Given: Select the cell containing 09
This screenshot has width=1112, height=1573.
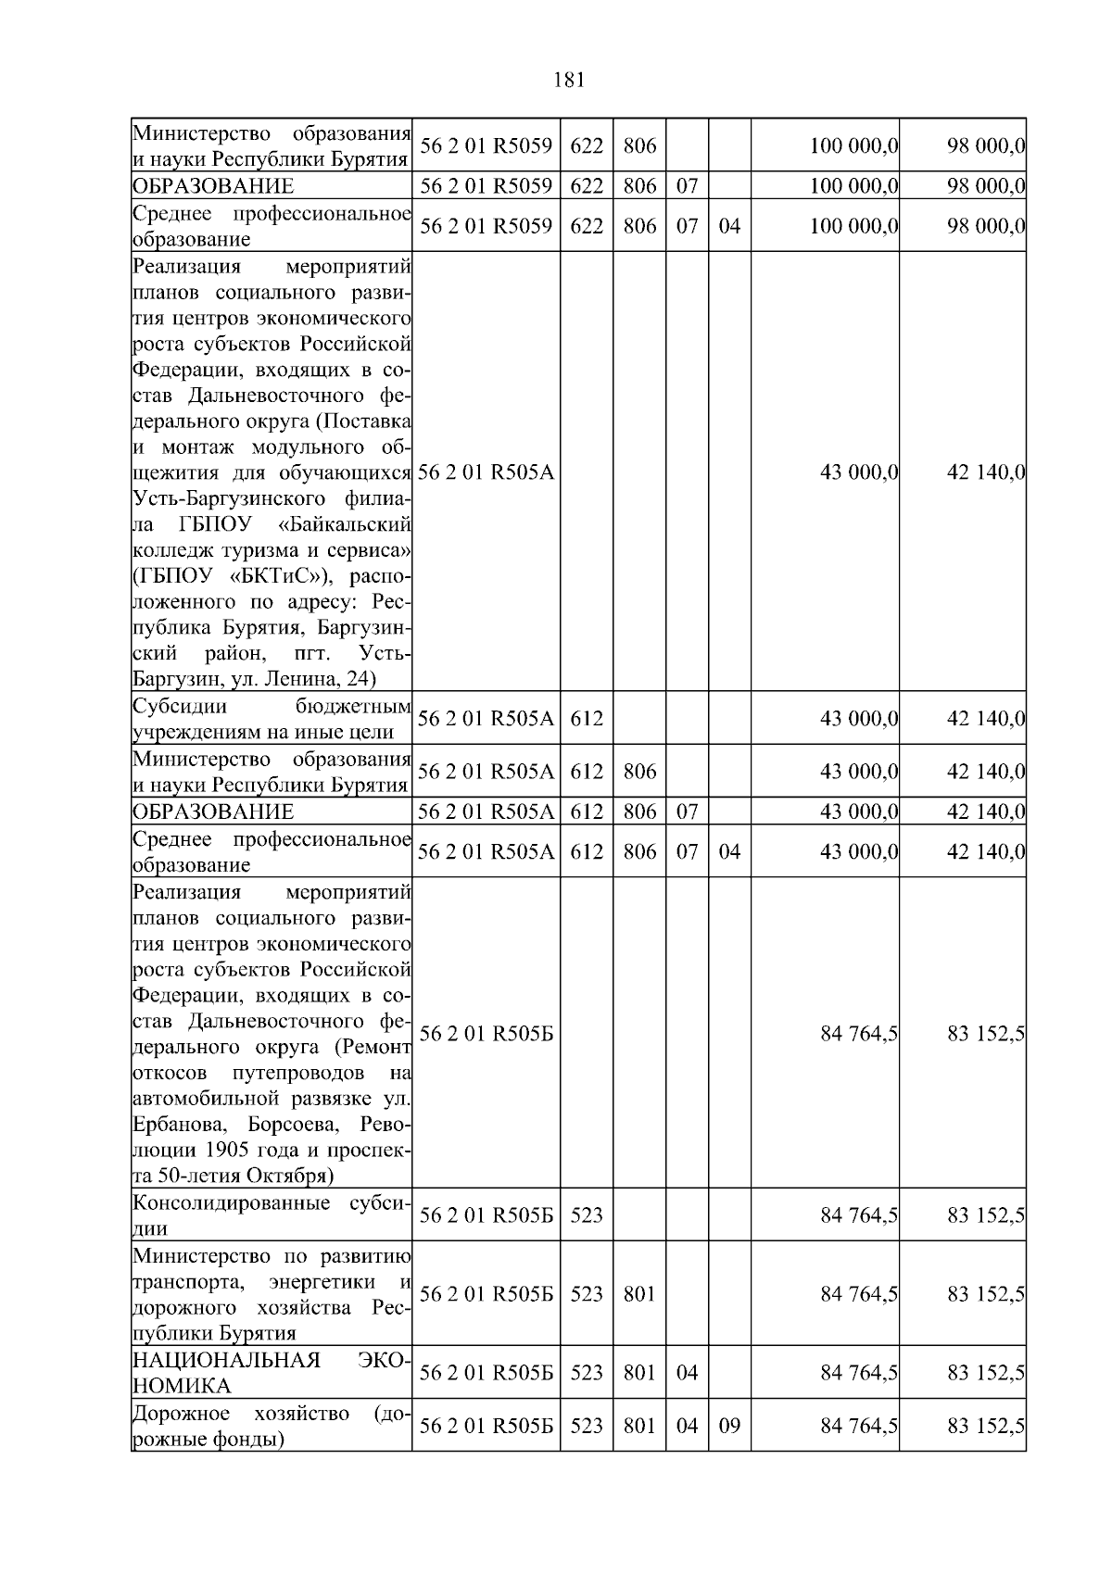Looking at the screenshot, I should (729, 1425).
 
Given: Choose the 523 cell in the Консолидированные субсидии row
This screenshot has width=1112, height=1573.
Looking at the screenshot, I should (586, 1214).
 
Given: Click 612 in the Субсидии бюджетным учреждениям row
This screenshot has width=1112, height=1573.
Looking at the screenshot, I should (586, 718).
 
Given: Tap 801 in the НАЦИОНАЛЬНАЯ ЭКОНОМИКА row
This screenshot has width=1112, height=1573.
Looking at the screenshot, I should (639, 1372).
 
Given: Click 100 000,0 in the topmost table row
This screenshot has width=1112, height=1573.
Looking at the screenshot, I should (853, 145).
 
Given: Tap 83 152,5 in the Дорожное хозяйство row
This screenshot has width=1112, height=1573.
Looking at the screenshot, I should (985, 1425).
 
